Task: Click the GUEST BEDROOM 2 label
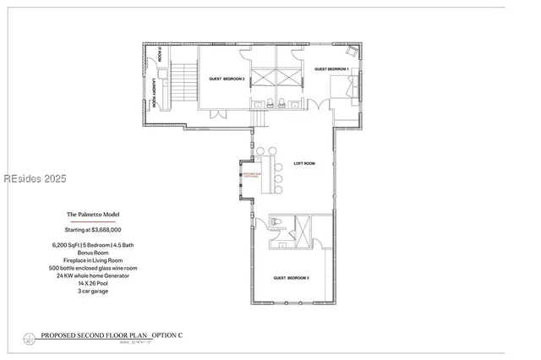pyautogui.click(x=227, y=79)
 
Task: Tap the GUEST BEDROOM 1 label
pyautogui.click(x=332, y=68)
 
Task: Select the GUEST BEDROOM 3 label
pyautogui.click(x=291, y=278)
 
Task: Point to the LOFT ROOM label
pyautogui.click(x=304, y=163)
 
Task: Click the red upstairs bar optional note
pyautogui.click(x=252, y=175)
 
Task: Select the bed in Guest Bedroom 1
pyautogui.click(x=343, y=87)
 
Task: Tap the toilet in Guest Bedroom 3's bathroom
pyautogui.click(x=276, y=223)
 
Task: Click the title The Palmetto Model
pyautogui.click(x=91, y=215)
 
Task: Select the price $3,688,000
pyautogui.click(x=93, y=229)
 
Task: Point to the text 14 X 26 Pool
pyautogui.click(x=93, y=282)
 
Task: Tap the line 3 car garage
pyautogui.click(x=93, y=290)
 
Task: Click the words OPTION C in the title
pyautogui.click(x=168, y=335)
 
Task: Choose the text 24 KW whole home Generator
pyautogui.click(x=93, y=275)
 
